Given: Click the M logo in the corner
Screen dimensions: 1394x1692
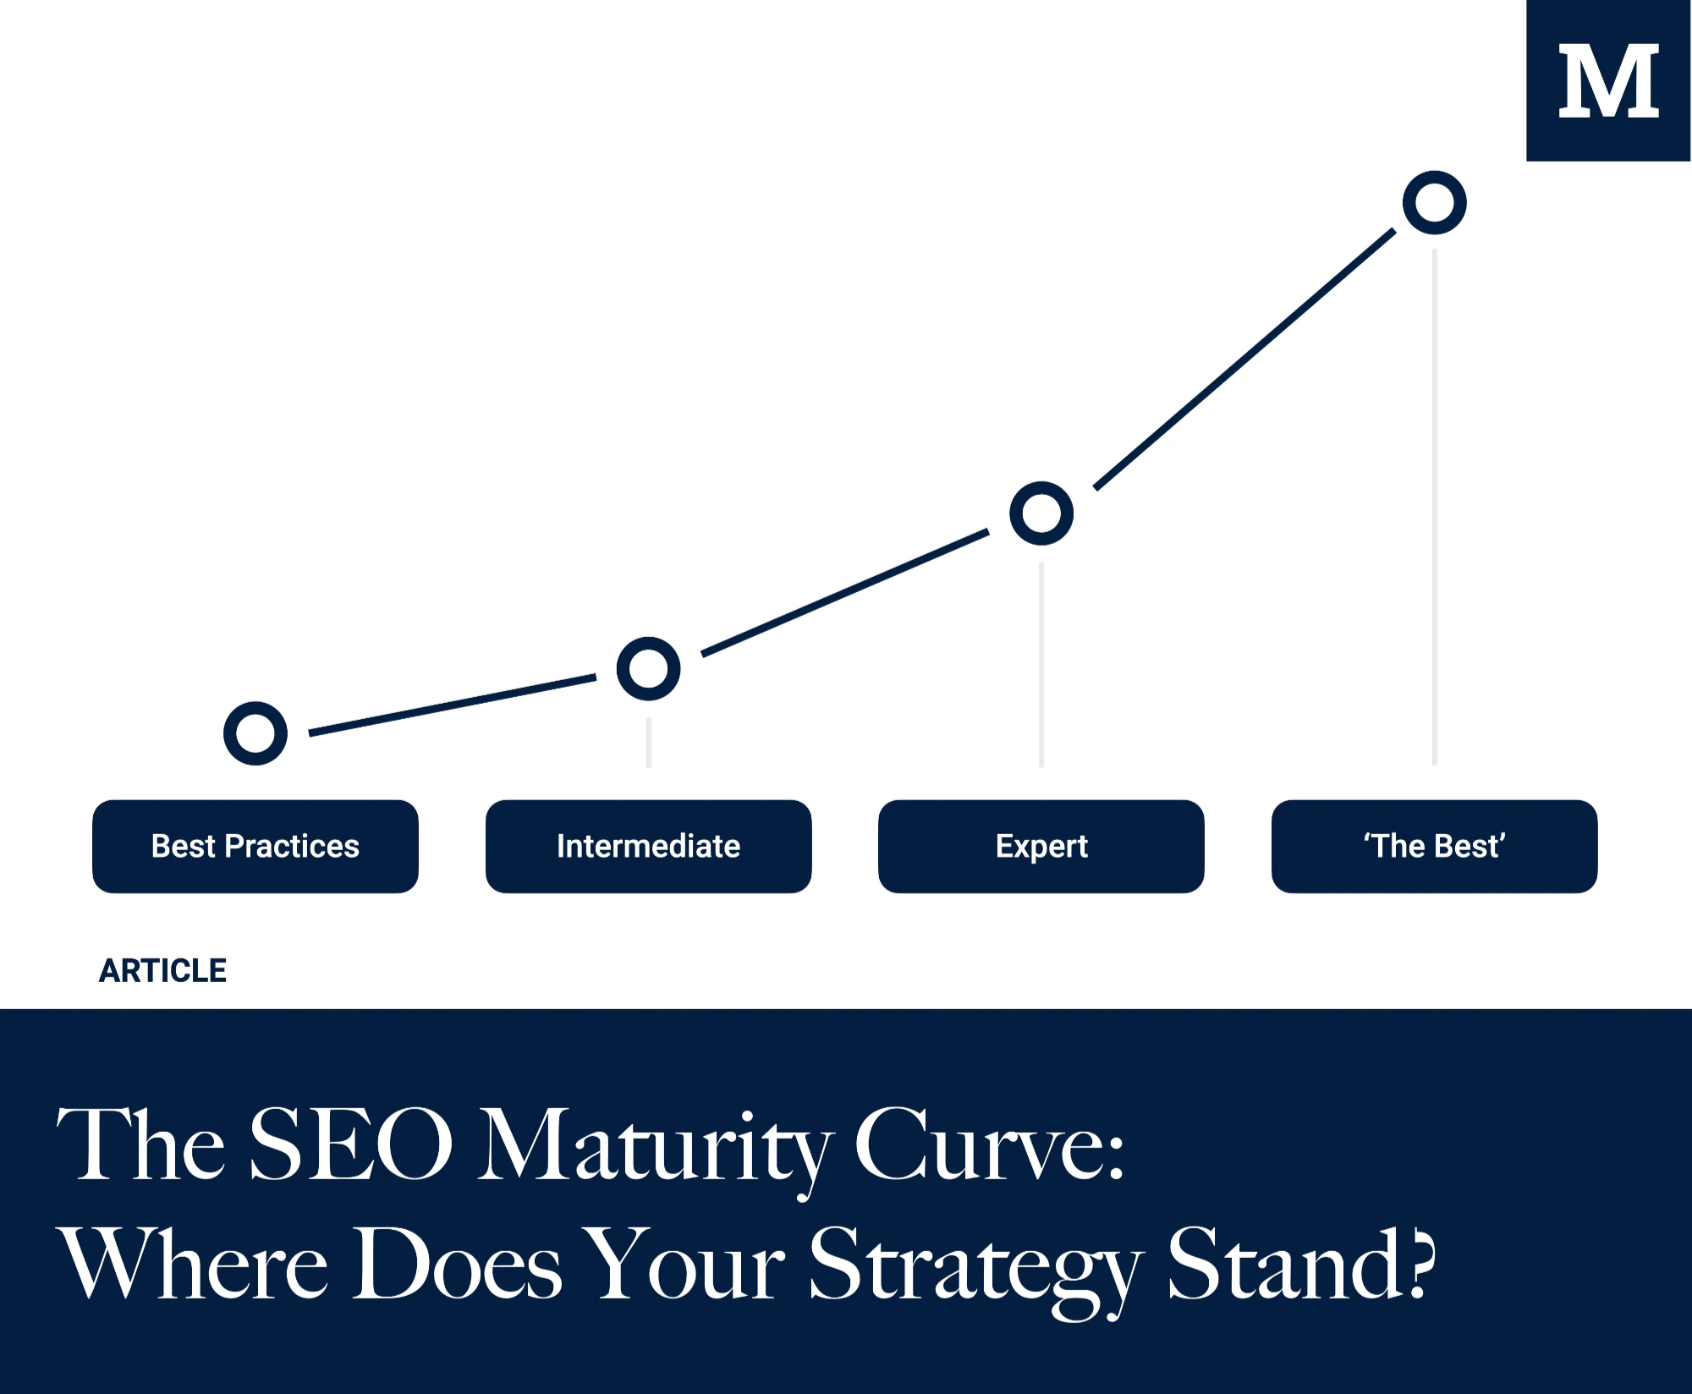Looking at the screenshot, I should (x=1607, y=80).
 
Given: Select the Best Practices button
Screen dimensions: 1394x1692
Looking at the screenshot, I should (x=255, y=846).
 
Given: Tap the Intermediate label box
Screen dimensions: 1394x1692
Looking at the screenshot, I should (x=648, y=846).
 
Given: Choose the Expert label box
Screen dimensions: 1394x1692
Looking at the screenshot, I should (x=1041, y=846).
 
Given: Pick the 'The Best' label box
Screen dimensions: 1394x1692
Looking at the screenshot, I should (x=1434, y=846).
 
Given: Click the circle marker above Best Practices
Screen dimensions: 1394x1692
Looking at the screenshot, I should (x=255, y=733).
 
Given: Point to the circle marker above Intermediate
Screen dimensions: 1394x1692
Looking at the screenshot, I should (x=648, y=668).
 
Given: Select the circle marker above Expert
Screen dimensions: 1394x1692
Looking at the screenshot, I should (x=1041, y=513).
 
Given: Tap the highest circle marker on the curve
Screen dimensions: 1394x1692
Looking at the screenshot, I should (x=1434, y=203).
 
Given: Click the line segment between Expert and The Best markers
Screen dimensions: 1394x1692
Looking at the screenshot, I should (x=1244, y=359).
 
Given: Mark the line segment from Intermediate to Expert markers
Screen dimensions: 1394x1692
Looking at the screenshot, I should (x=846, y=593).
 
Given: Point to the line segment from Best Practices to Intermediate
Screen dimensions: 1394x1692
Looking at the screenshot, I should (x=453, y=704).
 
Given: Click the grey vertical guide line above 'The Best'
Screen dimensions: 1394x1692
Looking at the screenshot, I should (x=1434, y=508).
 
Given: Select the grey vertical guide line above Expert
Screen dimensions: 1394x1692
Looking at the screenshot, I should (x=1041, y=664).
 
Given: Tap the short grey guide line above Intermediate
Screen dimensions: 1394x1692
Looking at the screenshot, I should (x=648, y=743).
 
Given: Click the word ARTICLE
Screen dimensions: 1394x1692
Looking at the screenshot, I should (x=162, y=970).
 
